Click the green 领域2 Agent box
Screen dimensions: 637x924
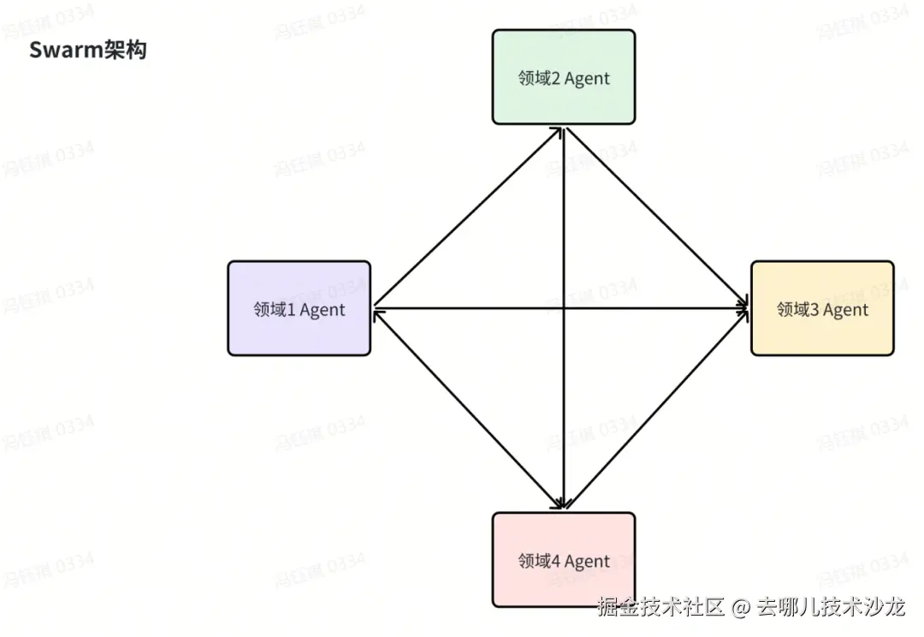(x=564, y=77)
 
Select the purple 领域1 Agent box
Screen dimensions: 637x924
(x=299, y=308)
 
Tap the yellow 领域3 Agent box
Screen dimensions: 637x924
(x=822, y=308)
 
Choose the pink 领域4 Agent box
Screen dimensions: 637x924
(x=564, y=560)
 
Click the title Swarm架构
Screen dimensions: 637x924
(x=88, y=50)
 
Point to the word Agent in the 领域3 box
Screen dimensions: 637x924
(x=845, y=310)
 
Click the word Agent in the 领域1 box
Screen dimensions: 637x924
(x=323, y=310)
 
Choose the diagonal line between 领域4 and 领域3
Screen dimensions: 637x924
(x=657, y=402)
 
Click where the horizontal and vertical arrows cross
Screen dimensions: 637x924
(x=564, y=307)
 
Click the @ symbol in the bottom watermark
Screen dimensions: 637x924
(x=742, y=609)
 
